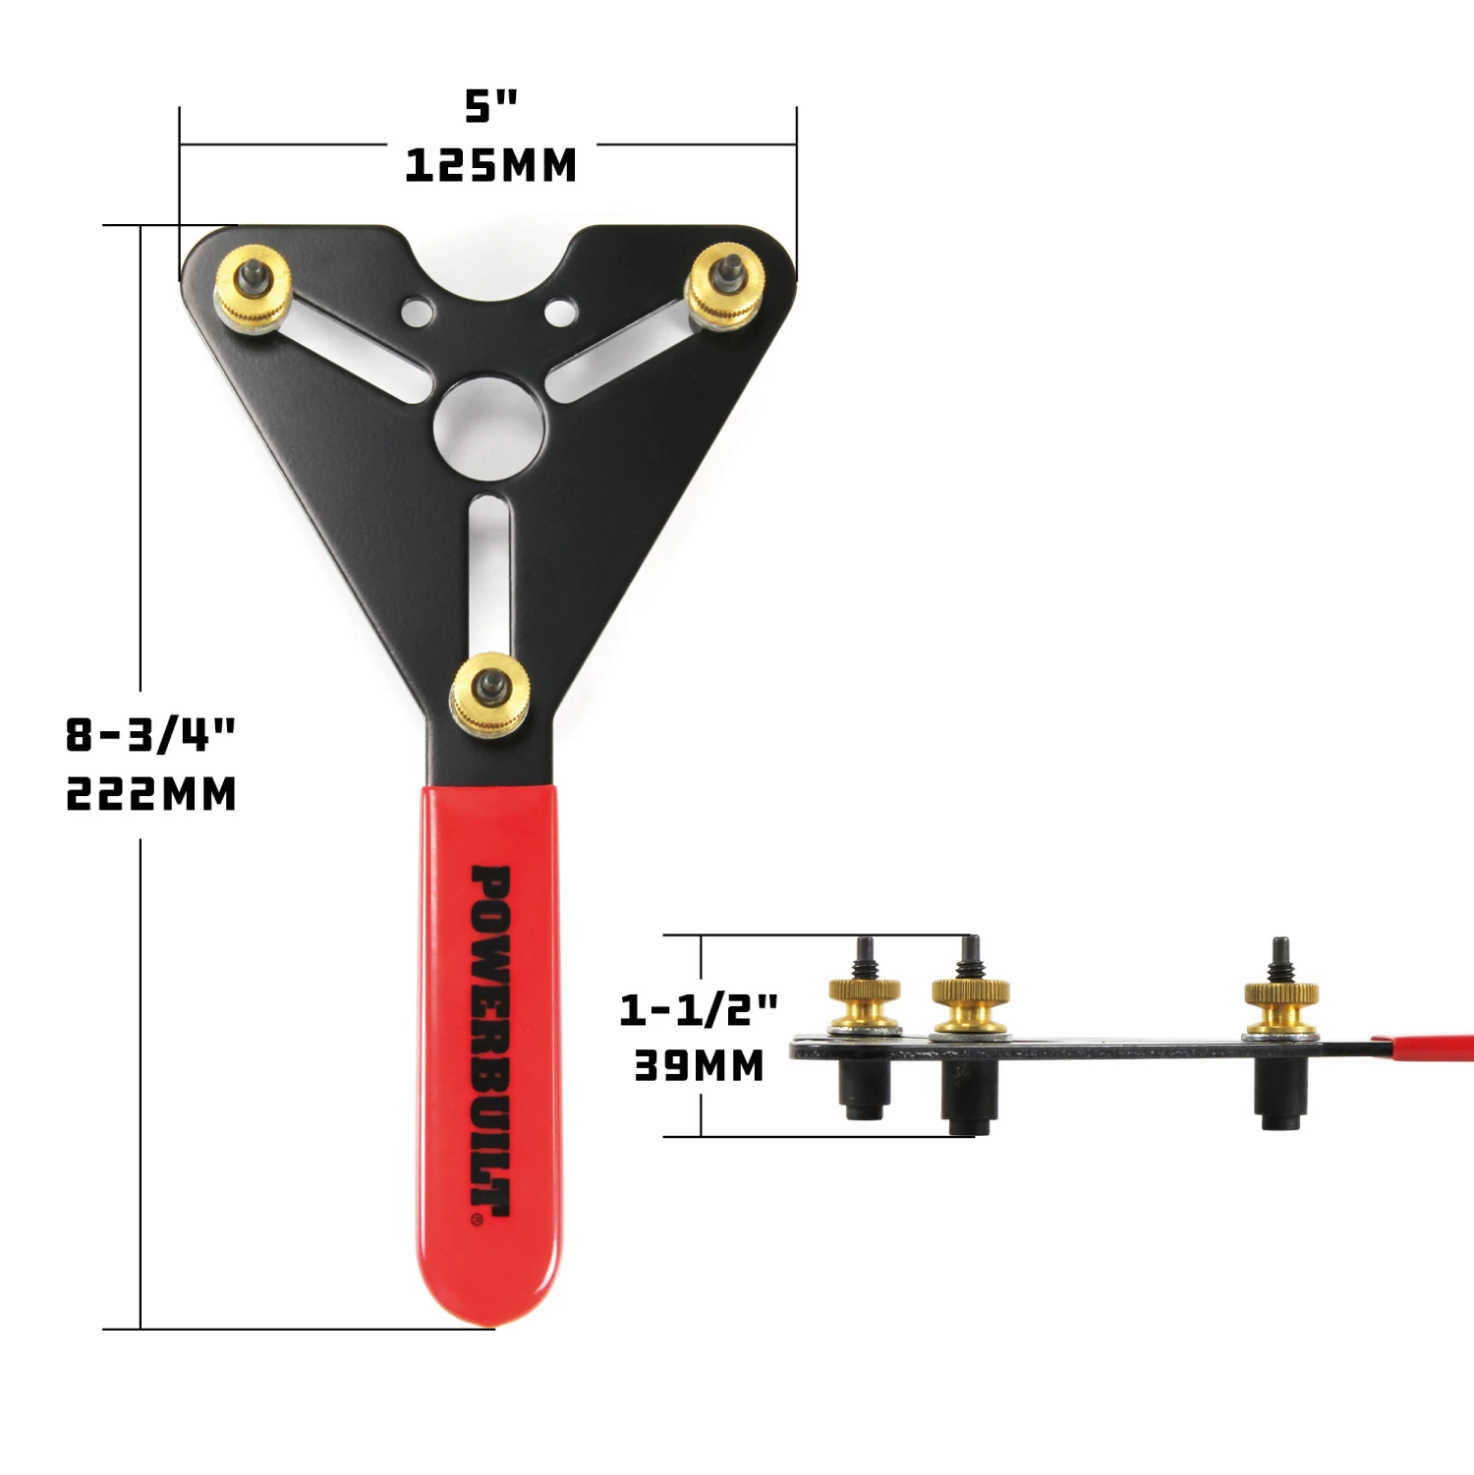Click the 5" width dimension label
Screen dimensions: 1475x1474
[490, 106]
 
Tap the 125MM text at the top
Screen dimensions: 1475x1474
[490, 165]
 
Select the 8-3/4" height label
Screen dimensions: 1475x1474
[150, 734]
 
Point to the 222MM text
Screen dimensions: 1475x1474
[150, 794]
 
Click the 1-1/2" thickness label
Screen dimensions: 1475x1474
[698, 1009]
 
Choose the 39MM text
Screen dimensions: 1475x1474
[698, 1066]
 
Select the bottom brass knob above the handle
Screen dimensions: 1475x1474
[490, 692]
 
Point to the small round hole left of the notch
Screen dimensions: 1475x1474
[417, 312]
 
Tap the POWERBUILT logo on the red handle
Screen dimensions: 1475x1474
[490, 1042]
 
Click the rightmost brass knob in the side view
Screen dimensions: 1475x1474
[1280, 1002]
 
